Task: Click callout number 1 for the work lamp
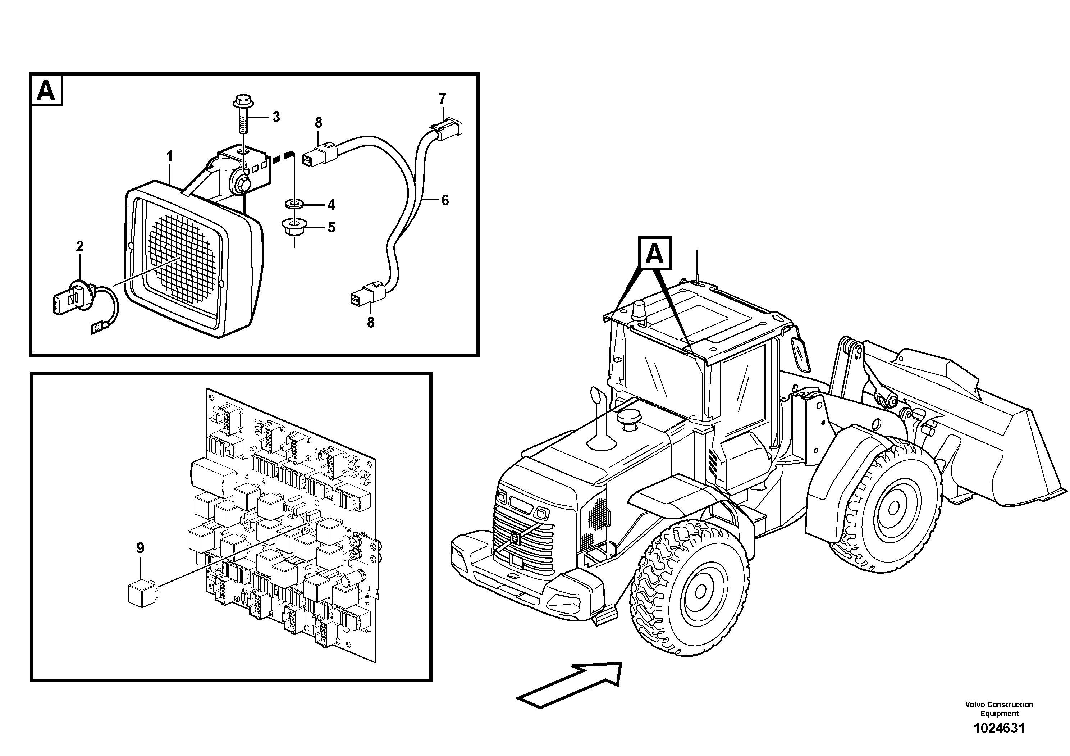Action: (170, 156)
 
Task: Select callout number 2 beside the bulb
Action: (80, 246)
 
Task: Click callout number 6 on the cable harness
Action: (445, 200)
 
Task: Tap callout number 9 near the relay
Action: (140, 548)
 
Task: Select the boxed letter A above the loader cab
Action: (655, 254)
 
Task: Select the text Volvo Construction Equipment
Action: (999, 709)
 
